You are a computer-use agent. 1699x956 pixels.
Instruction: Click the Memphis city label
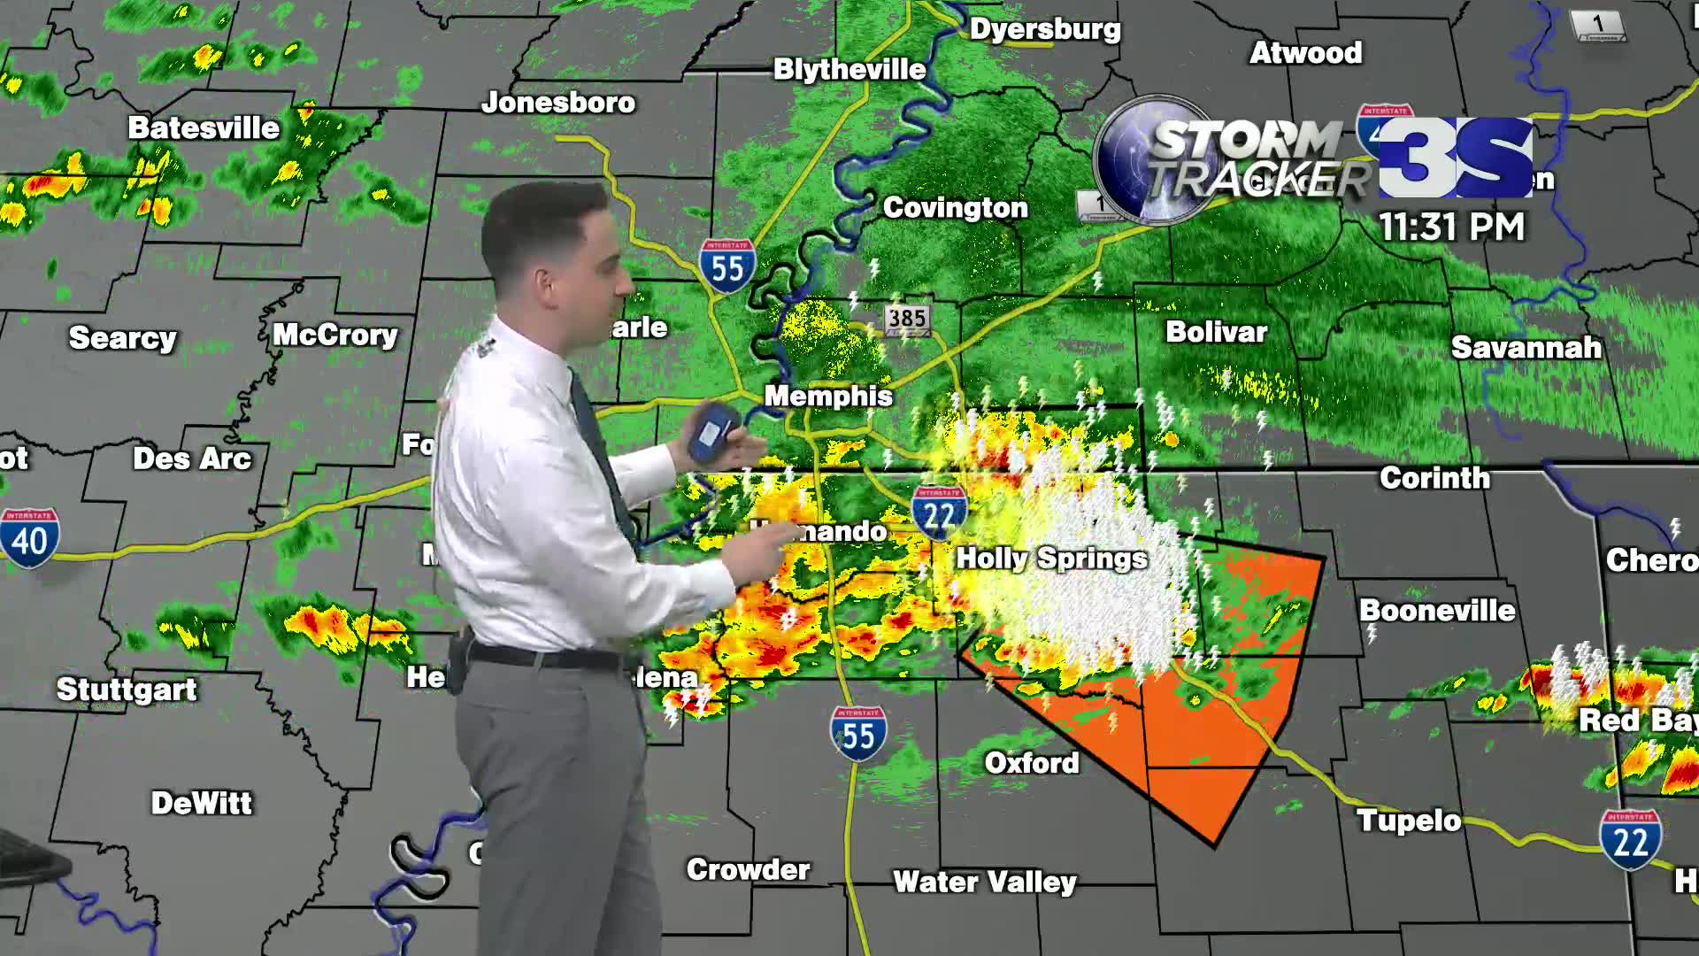(828, 396)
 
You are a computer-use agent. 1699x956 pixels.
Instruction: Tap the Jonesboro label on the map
(558, 103)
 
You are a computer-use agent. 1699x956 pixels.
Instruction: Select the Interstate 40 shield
(30, 537)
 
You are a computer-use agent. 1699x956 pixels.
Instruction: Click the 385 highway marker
(907, 319)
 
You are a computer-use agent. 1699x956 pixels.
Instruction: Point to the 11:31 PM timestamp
(1452, 227)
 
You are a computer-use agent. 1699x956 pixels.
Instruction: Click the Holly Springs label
(1051, 559)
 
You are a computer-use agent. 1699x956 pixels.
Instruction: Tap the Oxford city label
(1032, 763)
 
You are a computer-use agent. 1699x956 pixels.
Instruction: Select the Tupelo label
(1409, 821)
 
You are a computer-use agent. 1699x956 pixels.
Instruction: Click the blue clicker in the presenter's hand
(713, 432)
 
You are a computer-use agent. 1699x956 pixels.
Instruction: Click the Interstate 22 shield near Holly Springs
(939, 513)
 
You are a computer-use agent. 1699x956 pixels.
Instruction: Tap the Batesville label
(204, 128)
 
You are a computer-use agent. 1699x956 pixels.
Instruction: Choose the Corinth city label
(1434, 478)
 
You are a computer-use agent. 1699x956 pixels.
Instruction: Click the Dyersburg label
(1045, 29)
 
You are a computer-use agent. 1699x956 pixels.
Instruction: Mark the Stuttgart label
(127, 690)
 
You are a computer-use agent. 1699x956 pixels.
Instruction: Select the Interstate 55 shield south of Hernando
(857, 734)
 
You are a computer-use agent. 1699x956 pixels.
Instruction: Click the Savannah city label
(1526, 348)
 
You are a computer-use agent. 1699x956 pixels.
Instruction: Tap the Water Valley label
(984, 882)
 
